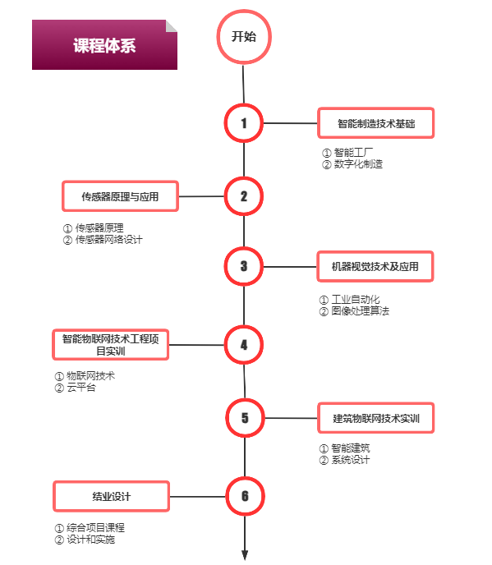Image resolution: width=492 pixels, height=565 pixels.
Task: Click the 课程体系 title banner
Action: (104, 44)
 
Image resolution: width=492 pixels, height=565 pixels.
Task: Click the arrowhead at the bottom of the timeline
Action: (245, 555)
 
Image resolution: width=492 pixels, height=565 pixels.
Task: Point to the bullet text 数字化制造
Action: (358, 164)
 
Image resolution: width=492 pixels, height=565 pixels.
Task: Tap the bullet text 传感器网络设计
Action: (109, 240)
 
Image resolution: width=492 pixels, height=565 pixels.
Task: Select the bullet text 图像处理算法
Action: (361, 311)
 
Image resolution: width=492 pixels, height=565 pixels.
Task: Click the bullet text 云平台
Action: (81, 388)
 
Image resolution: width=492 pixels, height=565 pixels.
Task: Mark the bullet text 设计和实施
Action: (91, 540)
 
